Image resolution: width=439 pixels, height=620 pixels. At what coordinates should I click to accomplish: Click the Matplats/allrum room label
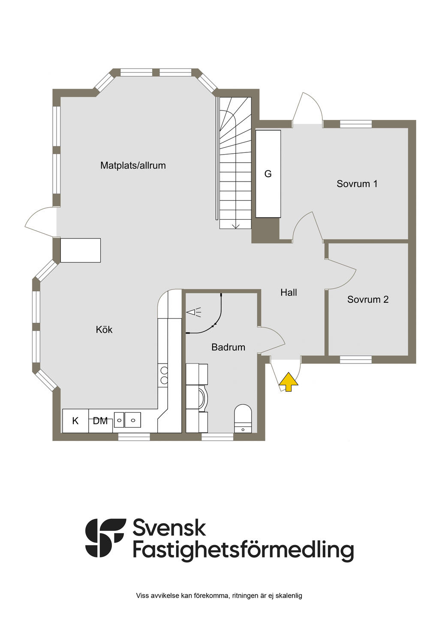coord(133,165)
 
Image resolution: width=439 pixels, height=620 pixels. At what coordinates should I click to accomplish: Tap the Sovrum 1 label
coord(357,184)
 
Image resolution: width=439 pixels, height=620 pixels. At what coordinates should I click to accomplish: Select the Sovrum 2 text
coord(367,299)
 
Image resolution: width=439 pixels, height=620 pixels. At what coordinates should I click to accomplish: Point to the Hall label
coord(289,292)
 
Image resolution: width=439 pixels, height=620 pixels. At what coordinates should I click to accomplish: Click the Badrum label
coord(228,347)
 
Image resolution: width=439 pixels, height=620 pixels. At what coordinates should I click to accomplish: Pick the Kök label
coord(104,330)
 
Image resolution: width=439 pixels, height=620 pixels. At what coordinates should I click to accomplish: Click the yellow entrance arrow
coord(289,382)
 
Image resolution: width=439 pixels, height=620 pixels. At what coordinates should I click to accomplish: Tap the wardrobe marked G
coord(268,174)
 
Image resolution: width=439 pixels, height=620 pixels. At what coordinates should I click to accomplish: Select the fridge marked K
coord(75,421)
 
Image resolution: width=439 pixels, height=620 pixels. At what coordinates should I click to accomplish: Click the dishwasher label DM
coord(100,421)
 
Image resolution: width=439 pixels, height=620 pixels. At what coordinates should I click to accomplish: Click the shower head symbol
coord(194,313)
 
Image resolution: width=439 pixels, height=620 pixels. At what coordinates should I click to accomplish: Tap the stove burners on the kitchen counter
coord(163,375)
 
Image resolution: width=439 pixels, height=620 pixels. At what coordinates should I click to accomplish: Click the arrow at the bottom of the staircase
coord(235,225)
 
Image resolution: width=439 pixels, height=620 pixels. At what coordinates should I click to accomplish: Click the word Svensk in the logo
coord(169,528)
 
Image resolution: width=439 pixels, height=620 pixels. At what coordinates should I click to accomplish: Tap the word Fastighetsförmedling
coord(243,550)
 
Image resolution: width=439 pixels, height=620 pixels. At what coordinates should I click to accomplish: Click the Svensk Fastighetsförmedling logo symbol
coord(105,538)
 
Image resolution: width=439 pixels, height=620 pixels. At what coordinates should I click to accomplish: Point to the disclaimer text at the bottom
coord(219,596)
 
